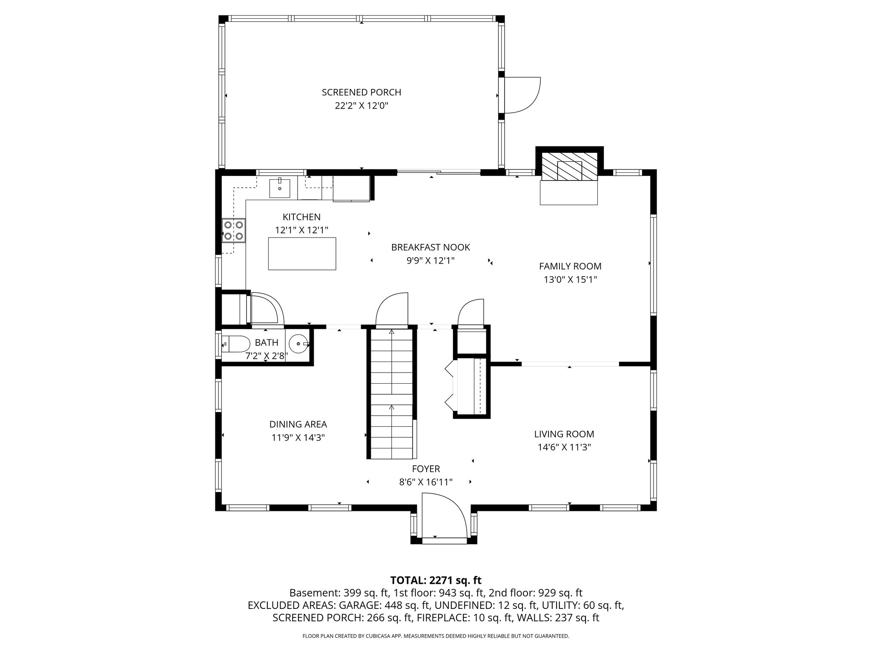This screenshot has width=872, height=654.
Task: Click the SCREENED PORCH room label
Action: pos(361,92)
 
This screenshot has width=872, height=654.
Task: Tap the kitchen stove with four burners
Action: pos(234,230)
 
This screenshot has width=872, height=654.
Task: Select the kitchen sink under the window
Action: pos(280,188)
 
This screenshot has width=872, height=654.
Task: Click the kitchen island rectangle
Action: pos(302,254)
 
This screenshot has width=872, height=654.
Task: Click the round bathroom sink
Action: pos(298,343)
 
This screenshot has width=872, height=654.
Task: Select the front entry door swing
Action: pos(443,516)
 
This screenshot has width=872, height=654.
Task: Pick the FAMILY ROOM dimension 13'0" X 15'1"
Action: pos(570,280)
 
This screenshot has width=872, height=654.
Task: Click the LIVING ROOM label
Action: pos(564,434)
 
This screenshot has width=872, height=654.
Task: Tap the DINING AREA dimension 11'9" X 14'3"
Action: pos(298,438)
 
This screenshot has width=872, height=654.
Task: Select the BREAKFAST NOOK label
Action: pos(430,247)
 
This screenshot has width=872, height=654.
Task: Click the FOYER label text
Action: pos(426,469)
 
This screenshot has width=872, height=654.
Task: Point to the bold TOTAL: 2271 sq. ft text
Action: pos(436,580)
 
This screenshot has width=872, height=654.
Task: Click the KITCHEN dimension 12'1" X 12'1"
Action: pos(301,230)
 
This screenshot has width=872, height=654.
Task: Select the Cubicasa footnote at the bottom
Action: pos(436,636)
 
